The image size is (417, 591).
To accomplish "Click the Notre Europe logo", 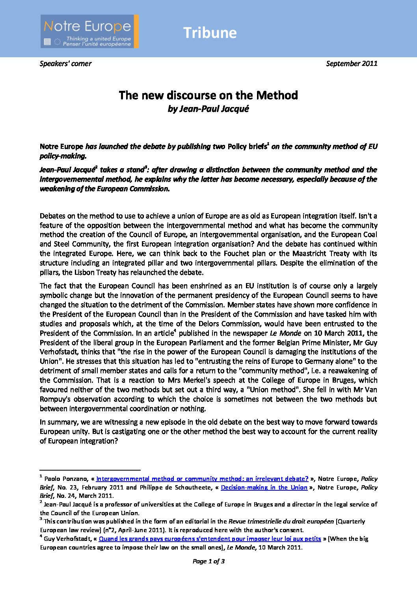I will (89, 32).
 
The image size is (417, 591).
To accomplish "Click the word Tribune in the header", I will (210, 33).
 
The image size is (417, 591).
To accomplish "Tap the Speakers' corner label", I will (65, 64).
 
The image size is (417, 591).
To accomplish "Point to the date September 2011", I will (352, 64).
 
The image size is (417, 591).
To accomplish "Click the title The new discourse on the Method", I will (208, 95).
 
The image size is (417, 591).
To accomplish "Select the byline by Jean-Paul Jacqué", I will (208, 109).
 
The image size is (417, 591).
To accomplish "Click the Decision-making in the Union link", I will (264, 488).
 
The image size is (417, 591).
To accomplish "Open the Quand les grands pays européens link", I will (210, 539).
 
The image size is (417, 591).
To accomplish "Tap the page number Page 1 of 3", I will (208, 561).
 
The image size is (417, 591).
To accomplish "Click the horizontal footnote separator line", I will (90, 470).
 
